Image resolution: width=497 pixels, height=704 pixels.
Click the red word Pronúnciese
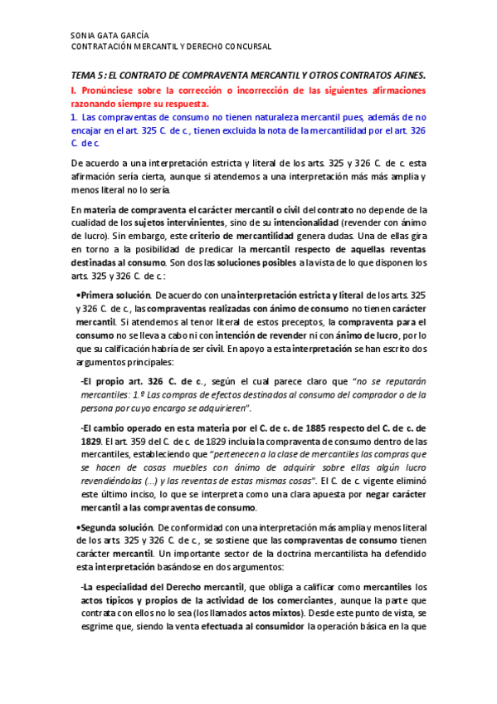click(112, 89)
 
